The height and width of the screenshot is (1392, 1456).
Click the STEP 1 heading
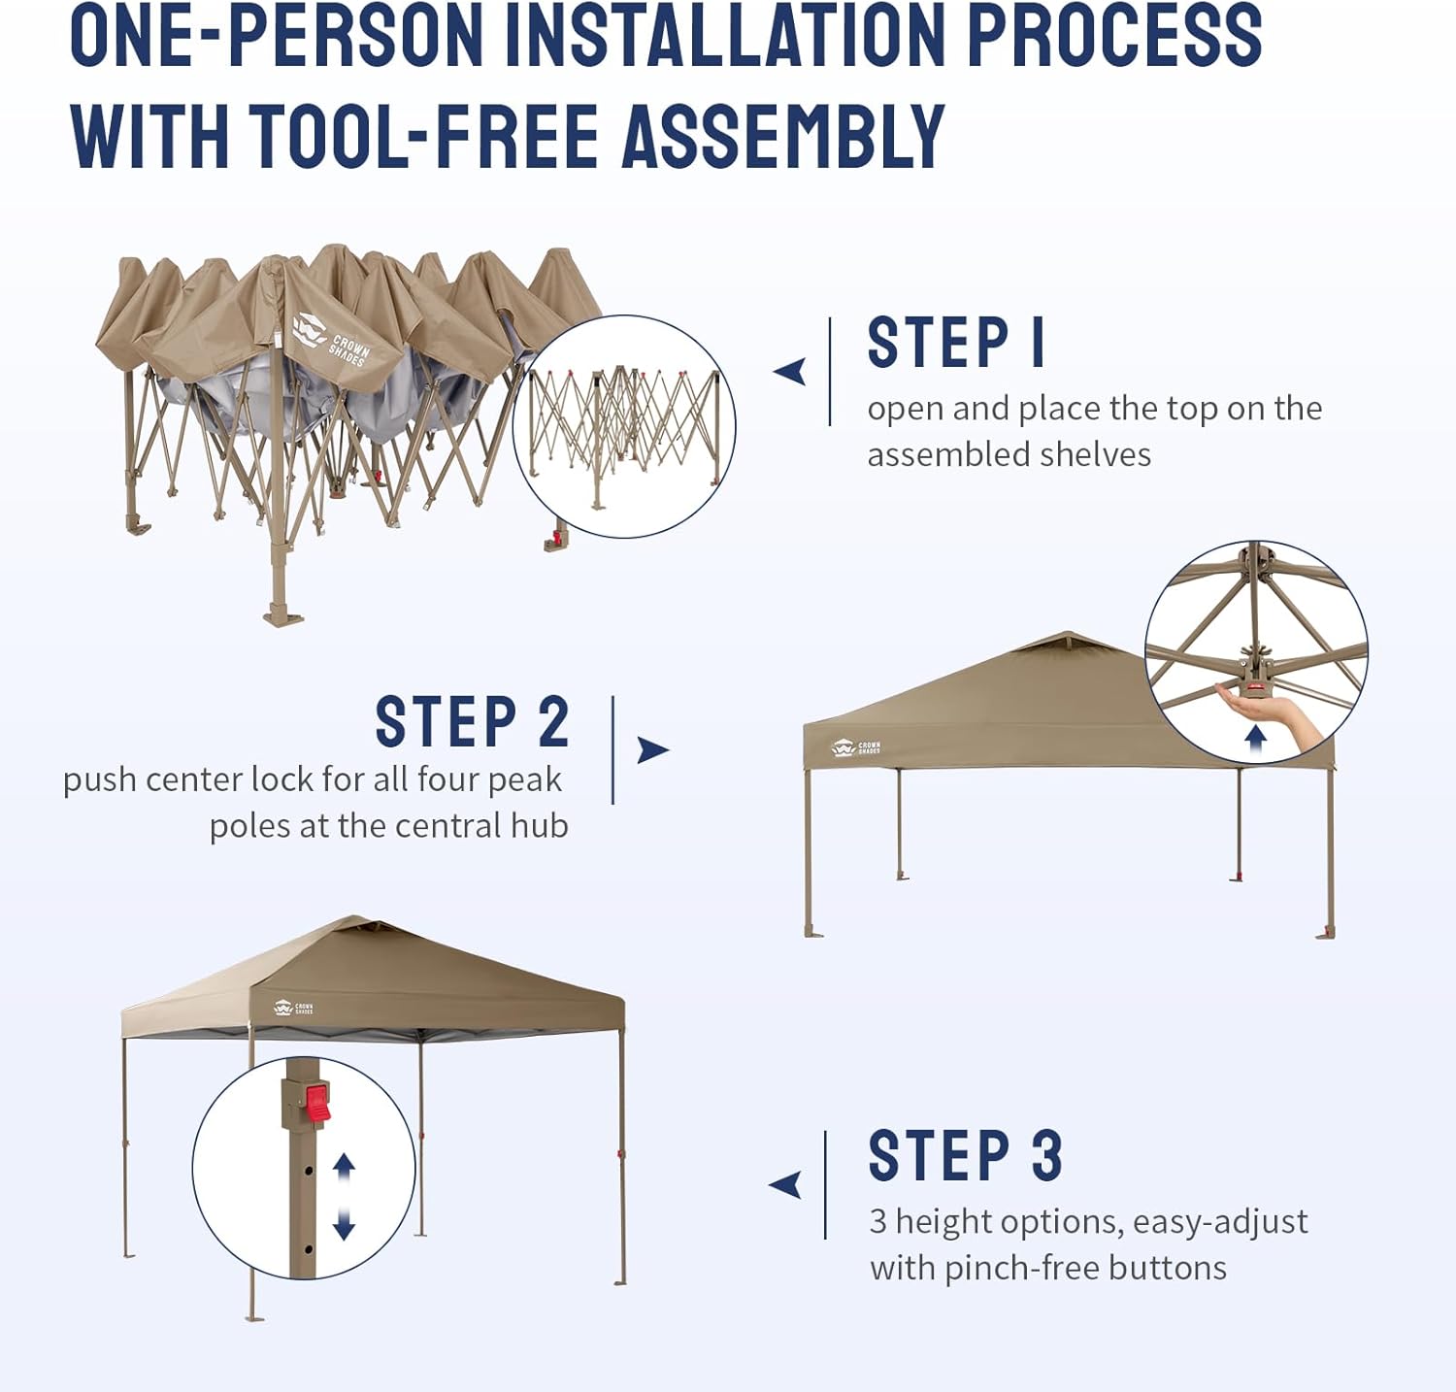tap(955, 343)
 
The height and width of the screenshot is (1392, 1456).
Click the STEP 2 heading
tap(472, 722)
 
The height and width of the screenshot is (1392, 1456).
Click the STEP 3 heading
tap(965, 1156)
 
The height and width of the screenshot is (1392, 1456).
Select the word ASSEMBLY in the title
tap(783, 136)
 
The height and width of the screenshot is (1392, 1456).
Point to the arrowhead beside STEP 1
tap(790, 371)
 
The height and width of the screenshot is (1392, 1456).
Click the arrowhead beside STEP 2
tap(652, 749)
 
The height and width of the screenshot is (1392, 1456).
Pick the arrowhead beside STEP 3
tap(785, 1184)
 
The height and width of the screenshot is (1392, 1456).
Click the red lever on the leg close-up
tap(317, 1103)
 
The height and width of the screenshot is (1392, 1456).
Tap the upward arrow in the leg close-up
tap(344, 1168)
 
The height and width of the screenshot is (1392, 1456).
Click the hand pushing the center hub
tap(1272, 710)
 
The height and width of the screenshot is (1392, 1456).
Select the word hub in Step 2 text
tap(540, 826)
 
